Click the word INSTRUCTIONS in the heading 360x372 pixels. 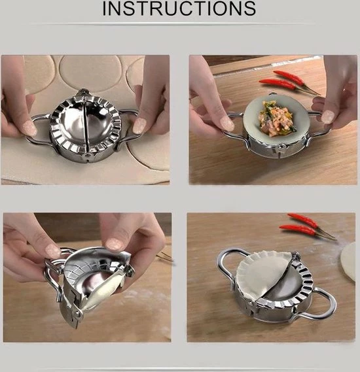(x=179, y=8)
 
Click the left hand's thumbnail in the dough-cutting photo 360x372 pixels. (x=29, y=128)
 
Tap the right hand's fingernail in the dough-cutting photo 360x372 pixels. (x=139, y=126)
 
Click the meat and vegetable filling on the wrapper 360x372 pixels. (x=277, y=118)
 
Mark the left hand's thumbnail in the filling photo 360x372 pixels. (x=226, y=124)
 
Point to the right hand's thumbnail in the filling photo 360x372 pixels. (x=328, y=116)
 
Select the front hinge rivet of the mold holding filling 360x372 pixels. (x=280, y=148)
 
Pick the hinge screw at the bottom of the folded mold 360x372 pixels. (x=77, y=315)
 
